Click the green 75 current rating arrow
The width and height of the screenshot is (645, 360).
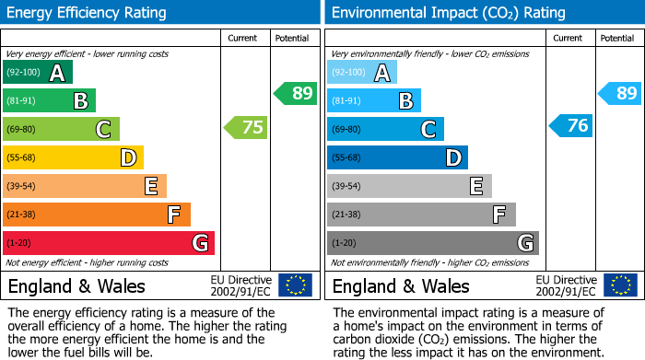247,128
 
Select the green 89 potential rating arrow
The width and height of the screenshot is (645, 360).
296,93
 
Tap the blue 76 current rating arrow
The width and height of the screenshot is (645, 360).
571,126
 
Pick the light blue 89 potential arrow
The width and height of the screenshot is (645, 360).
620,93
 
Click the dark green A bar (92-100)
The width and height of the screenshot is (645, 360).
38,73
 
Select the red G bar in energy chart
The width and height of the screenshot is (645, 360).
109,243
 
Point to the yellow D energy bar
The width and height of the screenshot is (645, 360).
73,157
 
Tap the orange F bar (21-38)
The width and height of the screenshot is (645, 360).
97,215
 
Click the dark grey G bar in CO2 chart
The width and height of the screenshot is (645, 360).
432,243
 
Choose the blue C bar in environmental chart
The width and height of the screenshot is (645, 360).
385,129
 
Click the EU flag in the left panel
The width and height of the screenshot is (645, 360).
295,285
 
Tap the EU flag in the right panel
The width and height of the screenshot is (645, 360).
619,285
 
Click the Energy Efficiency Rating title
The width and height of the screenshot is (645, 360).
88,13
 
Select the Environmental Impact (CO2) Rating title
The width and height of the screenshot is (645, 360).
448,13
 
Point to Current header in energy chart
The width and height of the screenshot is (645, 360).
243,38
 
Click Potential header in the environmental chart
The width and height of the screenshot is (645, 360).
617,38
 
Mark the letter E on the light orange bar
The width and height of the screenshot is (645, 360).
150,187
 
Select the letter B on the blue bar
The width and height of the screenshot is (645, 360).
405,101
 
